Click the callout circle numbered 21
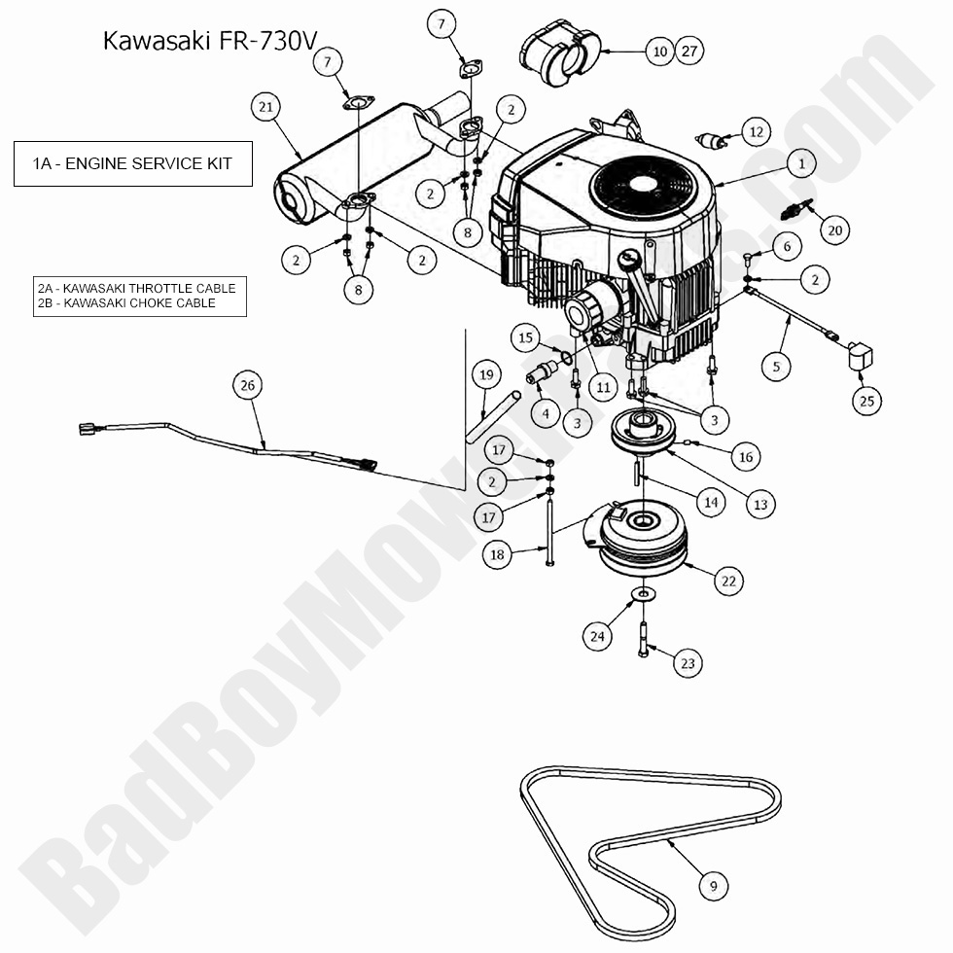click(x=265, y=108)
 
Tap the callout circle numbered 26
click(x=247, y=386)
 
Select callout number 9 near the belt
click(x=714, y=886)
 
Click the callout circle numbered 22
click(x=728, y=582)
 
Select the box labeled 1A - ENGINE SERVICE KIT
click(x=133, y=163)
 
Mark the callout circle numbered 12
click(x=757, y=131)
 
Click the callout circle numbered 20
click(x=834, y=229)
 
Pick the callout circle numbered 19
click(x=486, y=373)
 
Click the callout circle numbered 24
click(x=597, y=636)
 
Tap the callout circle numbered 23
click(x=688, y=664)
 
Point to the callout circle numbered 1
click(x=801, y=164)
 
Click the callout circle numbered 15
click(x=526, y=338)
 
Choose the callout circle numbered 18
click(x=498, y=555)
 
